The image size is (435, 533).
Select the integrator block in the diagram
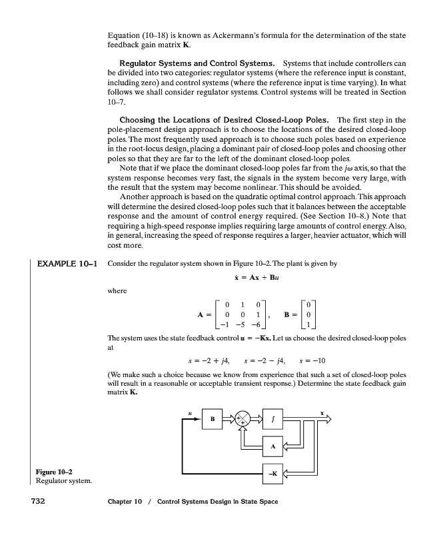point(275,420)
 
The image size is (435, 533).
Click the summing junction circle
point(244,420)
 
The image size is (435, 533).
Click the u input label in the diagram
point(191,412)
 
